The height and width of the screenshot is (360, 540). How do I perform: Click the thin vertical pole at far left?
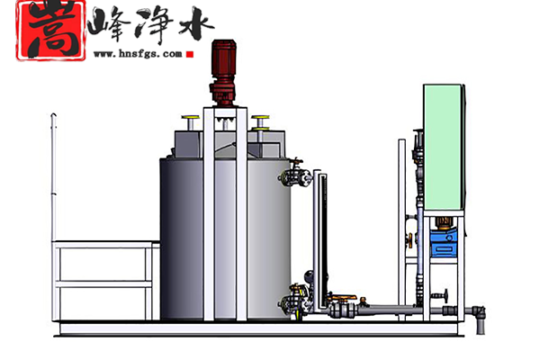pos(51,180)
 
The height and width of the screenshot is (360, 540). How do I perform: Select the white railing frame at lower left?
pos(101,279)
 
